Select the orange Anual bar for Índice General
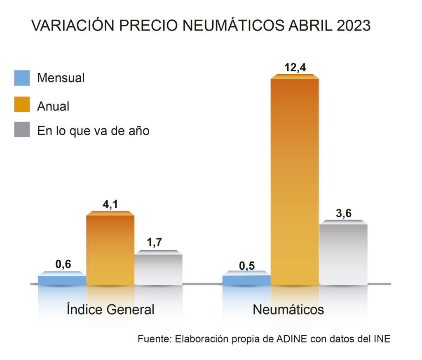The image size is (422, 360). [110, 249]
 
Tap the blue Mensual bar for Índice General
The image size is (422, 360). [62, 280]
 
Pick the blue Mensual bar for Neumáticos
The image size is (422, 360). [246, 280]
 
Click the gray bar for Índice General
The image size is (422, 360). [159, 269]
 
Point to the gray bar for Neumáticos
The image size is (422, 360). [343, 254]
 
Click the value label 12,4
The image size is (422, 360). [294, 67]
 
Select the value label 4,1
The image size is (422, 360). [110, 205]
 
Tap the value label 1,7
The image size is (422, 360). [159, 243]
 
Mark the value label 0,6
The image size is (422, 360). [63, 264]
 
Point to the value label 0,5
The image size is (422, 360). [246, 264]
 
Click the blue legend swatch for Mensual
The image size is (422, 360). [22, 78]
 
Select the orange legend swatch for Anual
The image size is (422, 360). [22, 104]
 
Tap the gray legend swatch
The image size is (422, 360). [22, 129]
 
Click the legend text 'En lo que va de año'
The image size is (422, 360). [93, 131]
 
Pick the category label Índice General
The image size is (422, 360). [110, 309]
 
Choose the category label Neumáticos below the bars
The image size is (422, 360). [288, 309]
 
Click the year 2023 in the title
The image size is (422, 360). [353, 26]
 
